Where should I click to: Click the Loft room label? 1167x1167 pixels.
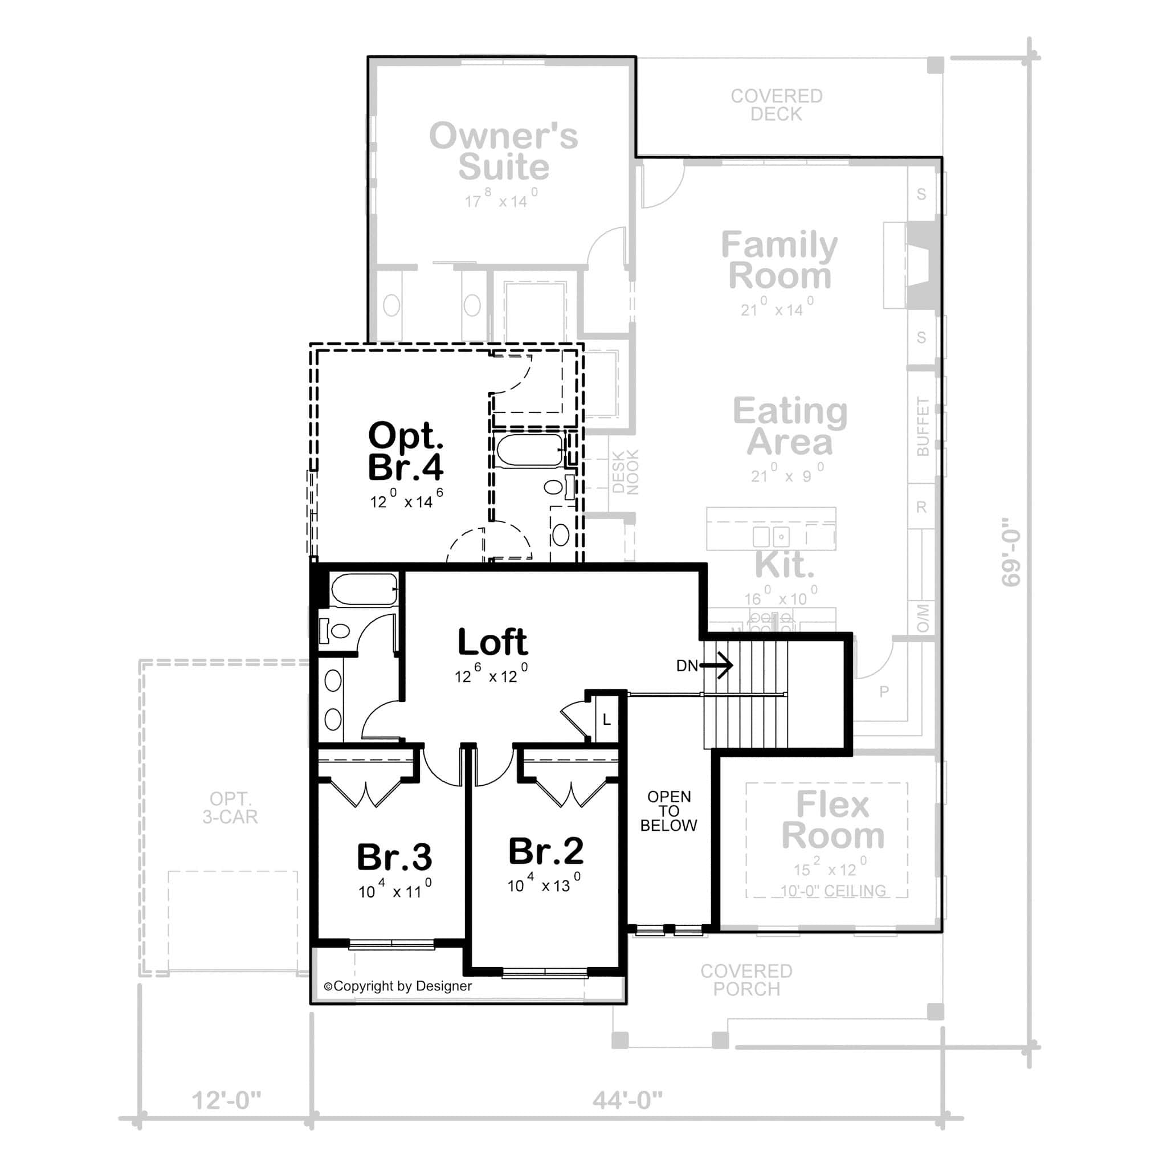coord(492,643)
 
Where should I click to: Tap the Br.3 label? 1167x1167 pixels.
coord(394,857)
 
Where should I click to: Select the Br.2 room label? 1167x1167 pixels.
coord(545,852)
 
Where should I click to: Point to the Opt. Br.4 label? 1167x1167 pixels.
coord(405,451)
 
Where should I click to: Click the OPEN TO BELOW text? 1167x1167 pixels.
coord(668,811)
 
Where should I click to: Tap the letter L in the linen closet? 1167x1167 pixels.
coord(606,720)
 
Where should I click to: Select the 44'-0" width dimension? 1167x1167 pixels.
coord(627,1100)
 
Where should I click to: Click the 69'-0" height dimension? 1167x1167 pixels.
coord(1010,552)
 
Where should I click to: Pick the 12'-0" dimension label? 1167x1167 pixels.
coord(227,1100)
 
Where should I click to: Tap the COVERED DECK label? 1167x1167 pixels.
coord(776,104)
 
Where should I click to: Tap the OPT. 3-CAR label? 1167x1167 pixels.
coord(230,807)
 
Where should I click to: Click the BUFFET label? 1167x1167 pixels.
coord(923,426)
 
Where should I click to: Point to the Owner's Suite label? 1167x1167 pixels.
coord(503,151)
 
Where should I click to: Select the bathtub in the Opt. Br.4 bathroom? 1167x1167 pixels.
coord(529,451)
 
